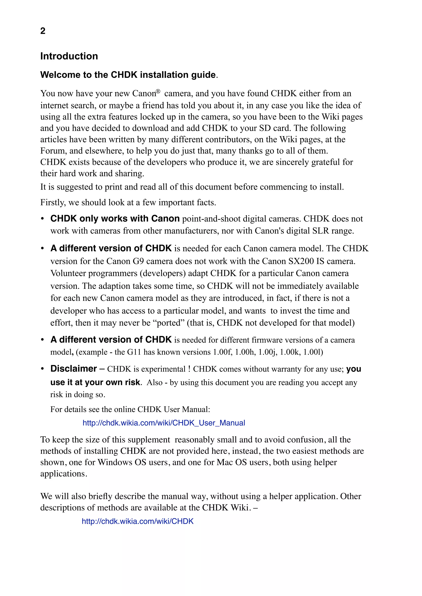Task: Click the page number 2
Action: point(43,31)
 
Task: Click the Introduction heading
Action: point(69,56)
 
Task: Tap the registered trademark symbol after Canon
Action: point(158,91)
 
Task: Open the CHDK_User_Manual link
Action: point(164,423)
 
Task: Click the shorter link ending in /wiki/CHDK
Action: point(137,521)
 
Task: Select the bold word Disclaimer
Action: point(74,369)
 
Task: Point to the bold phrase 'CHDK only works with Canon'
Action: point(115,219)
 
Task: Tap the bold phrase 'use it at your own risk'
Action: point(95,382)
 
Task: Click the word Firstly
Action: point(53,203)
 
